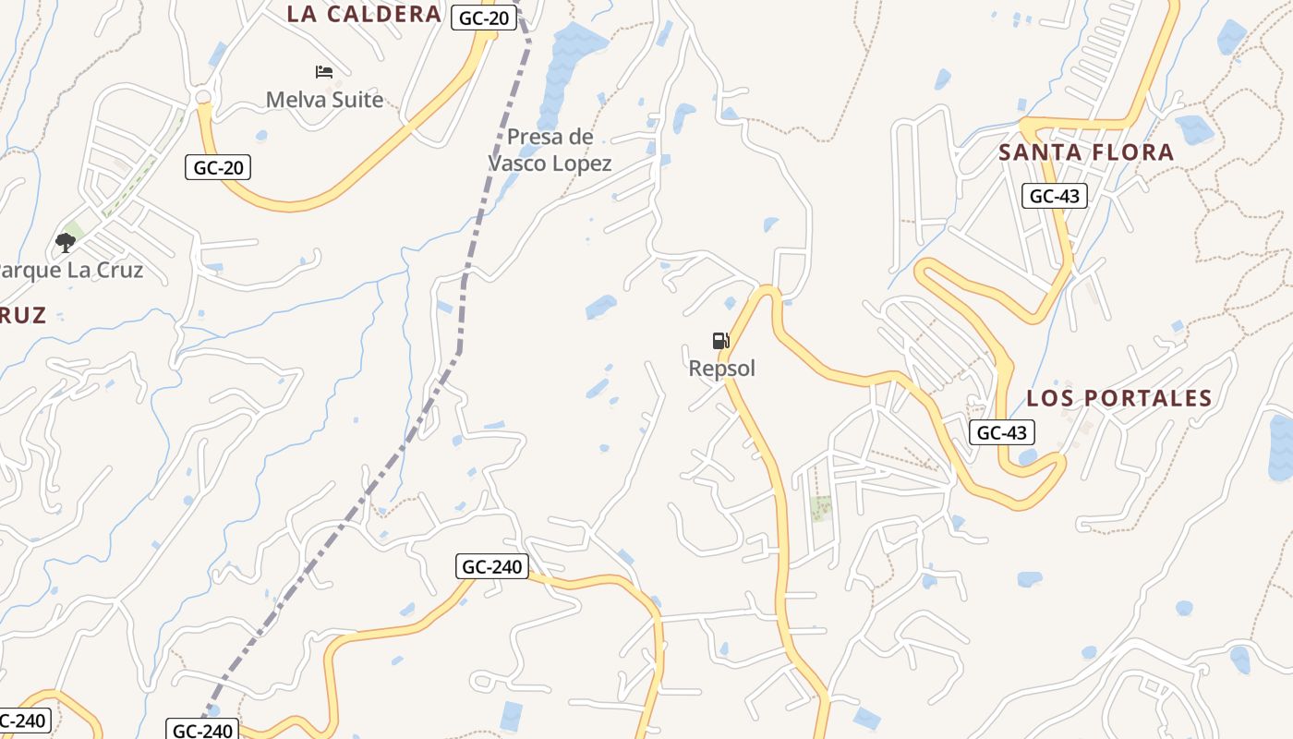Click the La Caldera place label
tap(364, 14)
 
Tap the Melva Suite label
tap(324, 100)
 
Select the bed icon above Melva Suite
tap(324, 71)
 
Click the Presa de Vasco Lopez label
tap(550, 151)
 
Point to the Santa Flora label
tap(1086, 152)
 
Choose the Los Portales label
tap(1119, 398)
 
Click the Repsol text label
tap(722, 369)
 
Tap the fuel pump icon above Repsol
tap(721, 341)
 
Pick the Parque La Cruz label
tap(71, 271)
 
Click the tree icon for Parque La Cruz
tap(65, 243)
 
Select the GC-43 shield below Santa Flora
tap(1055, 196)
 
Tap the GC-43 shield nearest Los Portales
tap(1002, 432)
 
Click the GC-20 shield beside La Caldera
tap(483, 18)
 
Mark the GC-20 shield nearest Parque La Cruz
tap(218, 167)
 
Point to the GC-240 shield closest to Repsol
tap(491, 566)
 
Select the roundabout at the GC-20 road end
tap(203, 97)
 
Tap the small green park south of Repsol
tap(820, 508)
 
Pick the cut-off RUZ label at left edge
tap(22, 316)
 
